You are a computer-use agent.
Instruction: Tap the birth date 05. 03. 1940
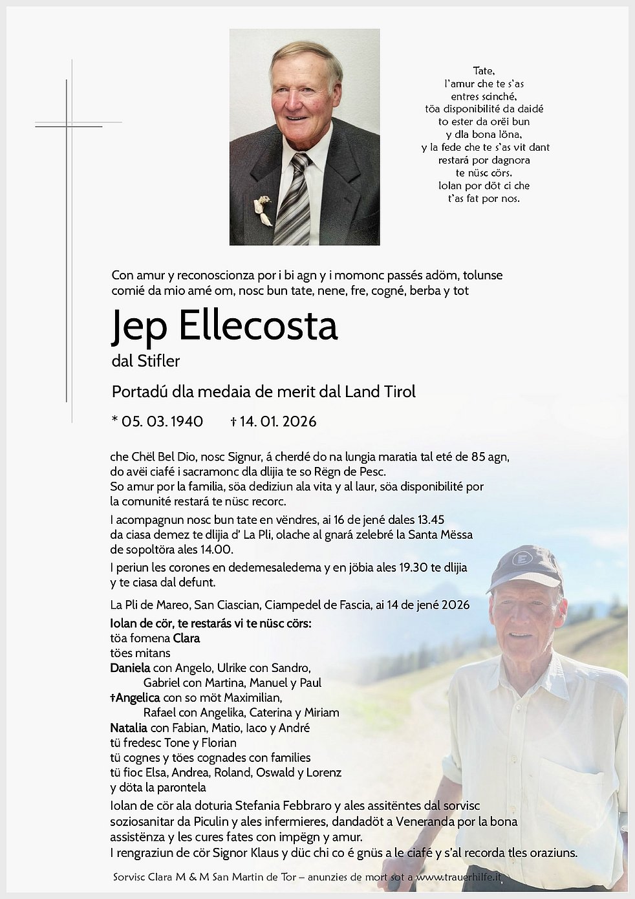[x=162, y=422]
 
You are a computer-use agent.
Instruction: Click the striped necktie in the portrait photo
[x=294, y=200]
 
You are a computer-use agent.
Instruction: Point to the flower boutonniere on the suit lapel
[x=263, y=208]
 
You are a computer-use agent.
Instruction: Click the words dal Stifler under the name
[x=145, y=361]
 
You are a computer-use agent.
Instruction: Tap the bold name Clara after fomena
[x=186, y=638]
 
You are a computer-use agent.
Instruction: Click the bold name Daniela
[x=130, y=668]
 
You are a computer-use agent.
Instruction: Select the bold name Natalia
[x=129, y=728]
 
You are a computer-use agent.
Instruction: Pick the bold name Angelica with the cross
[x=135, y=698]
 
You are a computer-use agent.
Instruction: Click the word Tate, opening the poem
[x=484, y=70]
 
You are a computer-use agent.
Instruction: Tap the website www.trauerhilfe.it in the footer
[x=458, y=878]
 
